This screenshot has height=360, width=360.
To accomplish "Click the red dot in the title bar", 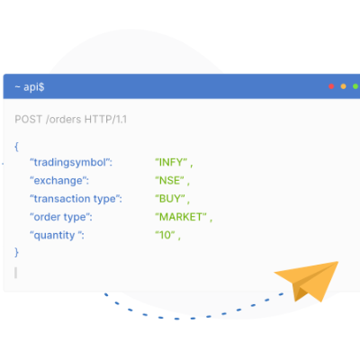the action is click(x=331, y=86).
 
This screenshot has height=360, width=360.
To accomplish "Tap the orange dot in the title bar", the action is click(x=343, y=86).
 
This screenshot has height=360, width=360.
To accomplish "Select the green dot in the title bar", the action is click(x=355, y=86).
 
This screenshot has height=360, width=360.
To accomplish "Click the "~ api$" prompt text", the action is click(x=30, y=87).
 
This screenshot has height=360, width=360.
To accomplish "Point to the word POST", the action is click(x=29, y=120).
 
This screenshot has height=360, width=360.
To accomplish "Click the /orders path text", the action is click(x=64, y=120).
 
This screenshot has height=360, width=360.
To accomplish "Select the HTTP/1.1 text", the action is click(x=105, y=120).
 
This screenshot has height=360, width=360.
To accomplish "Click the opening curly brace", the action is click(x=16, y=147).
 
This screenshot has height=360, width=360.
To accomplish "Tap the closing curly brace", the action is click(x=16, y=252).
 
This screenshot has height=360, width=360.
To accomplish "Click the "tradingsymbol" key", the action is click(x=71, y=163).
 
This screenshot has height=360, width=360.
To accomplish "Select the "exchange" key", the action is click(x=59, y=181).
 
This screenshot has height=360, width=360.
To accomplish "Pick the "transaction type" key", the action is click(x=76, y=199).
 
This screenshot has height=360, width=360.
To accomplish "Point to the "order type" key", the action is click(x=61, y=217).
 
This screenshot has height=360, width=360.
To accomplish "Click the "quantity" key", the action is click(x=57, y=235).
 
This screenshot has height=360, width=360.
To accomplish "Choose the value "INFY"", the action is click(x=171, y=162).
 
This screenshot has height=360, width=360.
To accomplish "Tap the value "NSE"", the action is click(x=169, y=181).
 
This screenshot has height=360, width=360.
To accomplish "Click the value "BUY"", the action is click(x=170, y=199).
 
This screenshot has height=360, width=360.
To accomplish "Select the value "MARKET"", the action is click(x=181, y=217).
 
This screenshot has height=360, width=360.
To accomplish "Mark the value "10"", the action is click(x=165, y=235).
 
